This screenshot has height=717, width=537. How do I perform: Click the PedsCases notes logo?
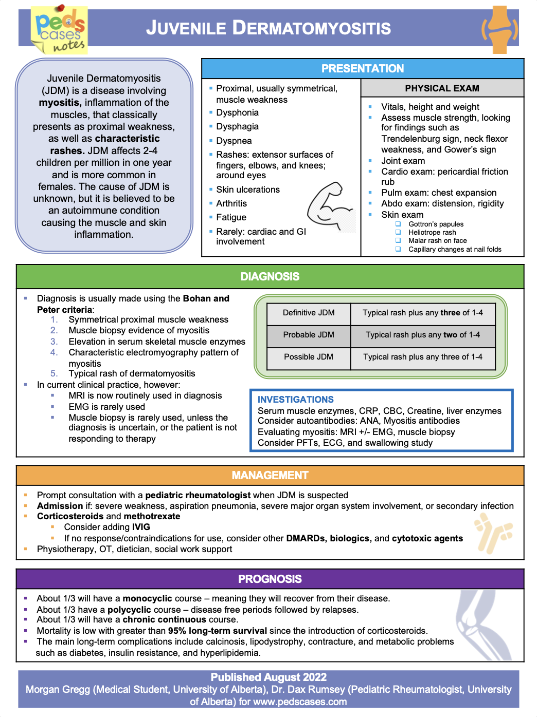pos(60,30)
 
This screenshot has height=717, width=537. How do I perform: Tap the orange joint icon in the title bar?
pos(499,29)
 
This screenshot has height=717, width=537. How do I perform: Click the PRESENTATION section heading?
pos(363,68)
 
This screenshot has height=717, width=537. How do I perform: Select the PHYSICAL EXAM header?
pos(442,88)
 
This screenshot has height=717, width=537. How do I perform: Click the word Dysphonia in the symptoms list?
pos(237,112)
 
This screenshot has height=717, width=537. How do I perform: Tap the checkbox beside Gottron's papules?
pos(398,224)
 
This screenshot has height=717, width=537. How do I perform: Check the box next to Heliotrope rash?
pos(398,232)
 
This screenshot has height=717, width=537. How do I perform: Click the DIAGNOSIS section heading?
pos(270,276)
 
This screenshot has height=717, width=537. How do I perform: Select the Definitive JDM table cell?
pos(309,313)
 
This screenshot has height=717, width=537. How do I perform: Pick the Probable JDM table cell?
pos(309,335)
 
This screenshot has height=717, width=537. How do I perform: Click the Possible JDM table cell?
pos(309,357)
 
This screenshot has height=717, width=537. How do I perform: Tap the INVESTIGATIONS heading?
pos(296,400)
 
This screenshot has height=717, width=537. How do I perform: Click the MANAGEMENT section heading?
pos(270,475)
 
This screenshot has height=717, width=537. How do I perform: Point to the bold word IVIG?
pos(141,527)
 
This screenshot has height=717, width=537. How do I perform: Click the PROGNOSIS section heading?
pos(270,579)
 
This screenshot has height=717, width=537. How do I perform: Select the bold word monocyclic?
pos(147,598)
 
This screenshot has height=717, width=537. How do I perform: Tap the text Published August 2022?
pos(268,677)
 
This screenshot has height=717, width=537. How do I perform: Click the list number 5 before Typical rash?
pos(54,373)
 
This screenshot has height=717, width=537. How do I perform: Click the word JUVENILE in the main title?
pos(186,28)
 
